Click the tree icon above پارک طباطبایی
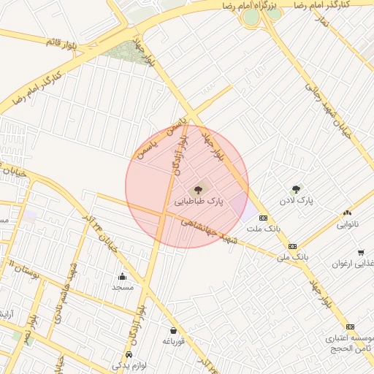click(x=202, y=190)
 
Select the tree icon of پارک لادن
click(x=296, y=189)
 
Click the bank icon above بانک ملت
click(x=263, y=218)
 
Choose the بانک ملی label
click(x=293, y=258)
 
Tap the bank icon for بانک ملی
click(x=292, y=246)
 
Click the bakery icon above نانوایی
click(x=347, y=213)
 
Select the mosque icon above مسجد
click(x=122, y=276)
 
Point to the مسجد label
click(x=122, y=287)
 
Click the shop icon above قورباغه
click(x=173, y=330)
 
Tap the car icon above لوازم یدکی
click(x=129, y=354)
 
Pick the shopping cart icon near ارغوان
click(x=361, y=252)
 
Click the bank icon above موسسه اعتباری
click(x=351, y=327)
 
